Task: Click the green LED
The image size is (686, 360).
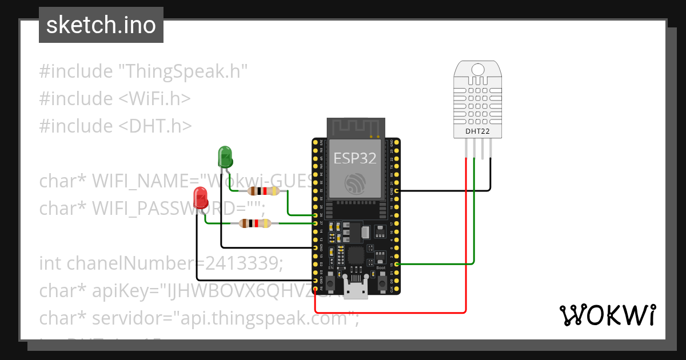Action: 225,156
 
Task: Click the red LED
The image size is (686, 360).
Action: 201,197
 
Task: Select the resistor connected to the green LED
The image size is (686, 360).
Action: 263,191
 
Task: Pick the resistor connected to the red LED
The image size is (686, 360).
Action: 254,223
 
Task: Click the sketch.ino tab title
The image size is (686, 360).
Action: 101,25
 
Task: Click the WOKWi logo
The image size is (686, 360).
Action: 607,315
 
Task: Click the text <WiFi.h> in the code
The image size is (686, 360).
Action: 154,98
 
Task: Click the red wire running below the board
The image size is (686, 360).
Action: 400,313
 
